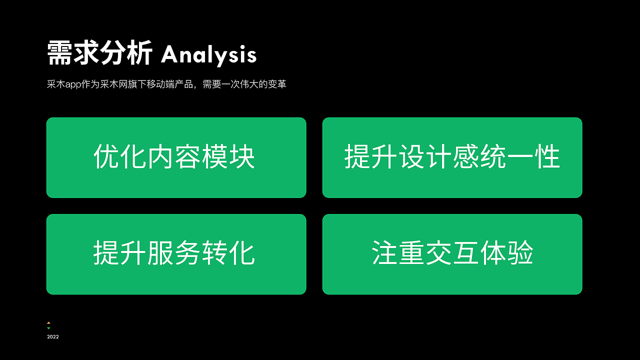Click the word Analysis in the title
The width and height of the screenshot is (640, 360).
click(208, 54)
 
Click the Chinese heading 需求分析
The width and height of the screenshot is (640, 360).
click(99, 53)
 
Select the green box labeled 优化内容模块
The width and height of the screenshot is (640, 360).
click(176, 157)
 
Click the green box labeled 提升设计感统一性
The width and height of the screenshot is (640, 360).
click(452, 157)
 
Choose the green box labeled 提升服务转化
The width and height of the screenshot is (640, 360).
click(176, 254)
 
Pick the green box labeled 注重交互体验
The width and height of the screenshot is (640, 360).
click(452, 254)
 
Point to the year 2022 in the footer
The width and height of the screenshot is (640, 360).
click(53, 337)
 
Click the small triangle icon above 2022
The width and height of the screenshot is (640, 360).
click(48, 323)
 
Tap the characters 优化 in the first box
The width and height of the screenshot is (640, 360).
click(120, 157)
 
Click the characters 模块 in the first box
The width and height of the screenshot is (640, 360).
click(228, 157)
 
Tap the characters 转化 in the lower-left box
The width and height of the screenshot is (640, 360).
click(228, 253)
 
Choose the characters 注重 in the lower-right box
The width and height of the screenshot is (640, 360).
click(398, 253)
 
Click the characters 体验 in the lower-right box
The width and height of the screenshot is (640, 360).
click(506, 253)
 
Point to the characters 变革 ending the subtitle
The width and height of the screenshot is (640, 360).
click(277, 84)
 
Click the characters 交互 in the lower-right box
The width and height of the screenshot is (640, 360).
click(452, 253)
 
